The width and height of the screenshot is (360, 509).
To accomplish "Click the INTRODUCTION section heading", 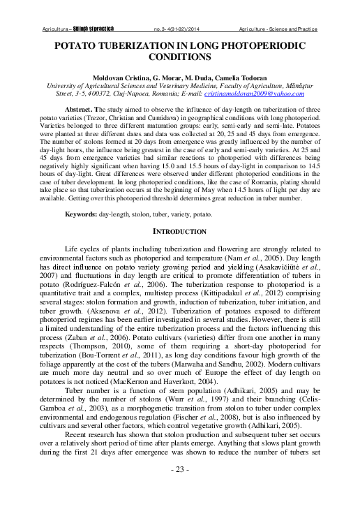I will tap(179, 231).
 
